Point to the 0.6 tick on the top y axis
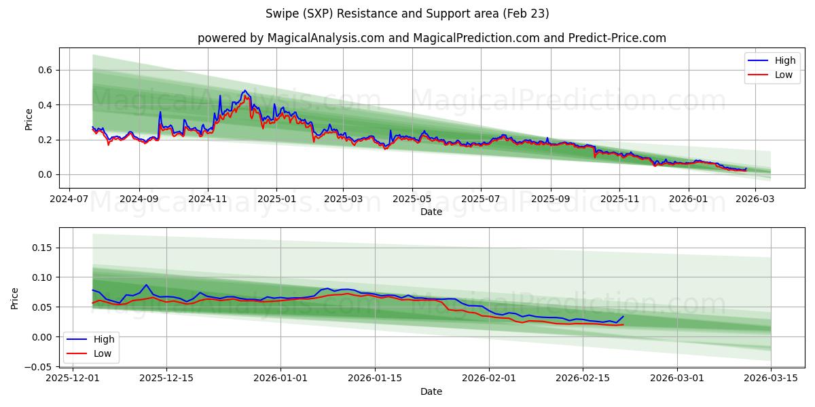(45, 70)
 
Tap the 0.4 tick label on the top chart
(45, 105)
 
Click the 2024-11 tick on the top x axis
(207, 200)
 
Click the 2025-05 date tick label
(412, 200)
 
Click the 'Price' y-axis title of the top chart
(29, 119)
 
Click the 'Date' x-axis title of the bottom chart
(431, 391)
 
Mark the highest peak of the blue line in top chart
(244, 90)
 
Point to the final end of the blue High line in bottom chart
(623, 316)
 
